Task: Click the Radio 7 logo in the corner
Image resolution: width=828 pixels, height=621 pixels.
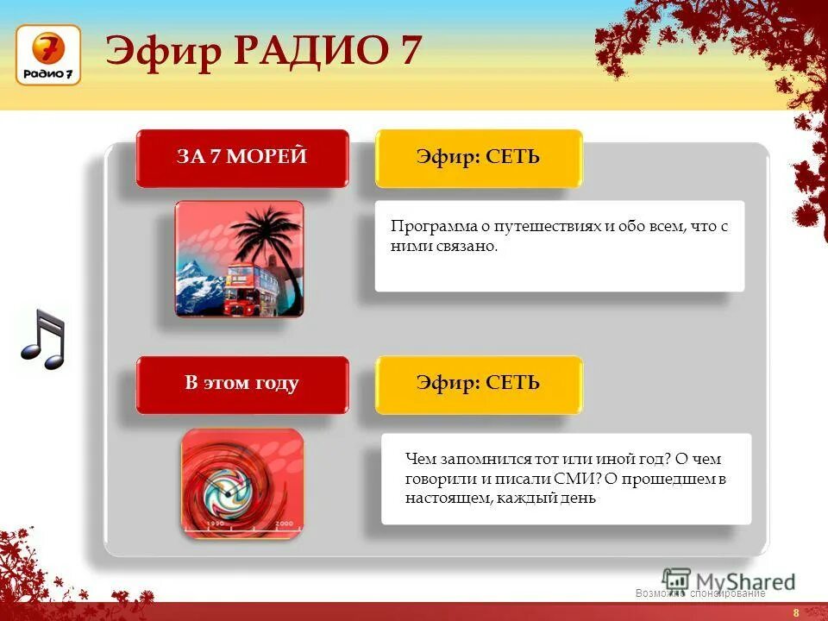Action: tap(48, 55)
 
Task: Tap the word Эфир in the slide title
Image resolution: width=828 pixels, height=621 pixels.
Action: tap(164, 51)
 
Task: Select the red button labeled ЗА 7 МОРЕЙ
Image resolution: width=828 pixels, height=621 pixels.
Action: tap(242, 157)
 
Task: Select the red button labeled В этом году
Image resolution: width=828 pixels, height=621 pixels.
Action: tap(242, 384)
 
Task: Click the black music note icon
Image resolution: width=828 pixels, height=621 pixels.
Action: tap(43, 340)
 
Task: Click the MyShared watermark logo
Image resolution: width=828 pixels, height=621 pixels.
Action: tap(729, 580)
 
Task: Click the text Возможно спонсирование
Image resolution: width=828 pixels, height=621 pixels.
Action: tap(699, 593)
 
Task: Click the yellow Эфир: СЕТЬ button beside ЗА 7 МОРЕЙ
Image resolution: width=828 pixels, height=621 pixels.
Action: tap(479, 157)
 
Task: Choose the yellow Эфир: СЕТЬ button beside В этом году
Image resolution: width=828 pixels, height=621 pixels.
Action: tap(479, 384)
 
